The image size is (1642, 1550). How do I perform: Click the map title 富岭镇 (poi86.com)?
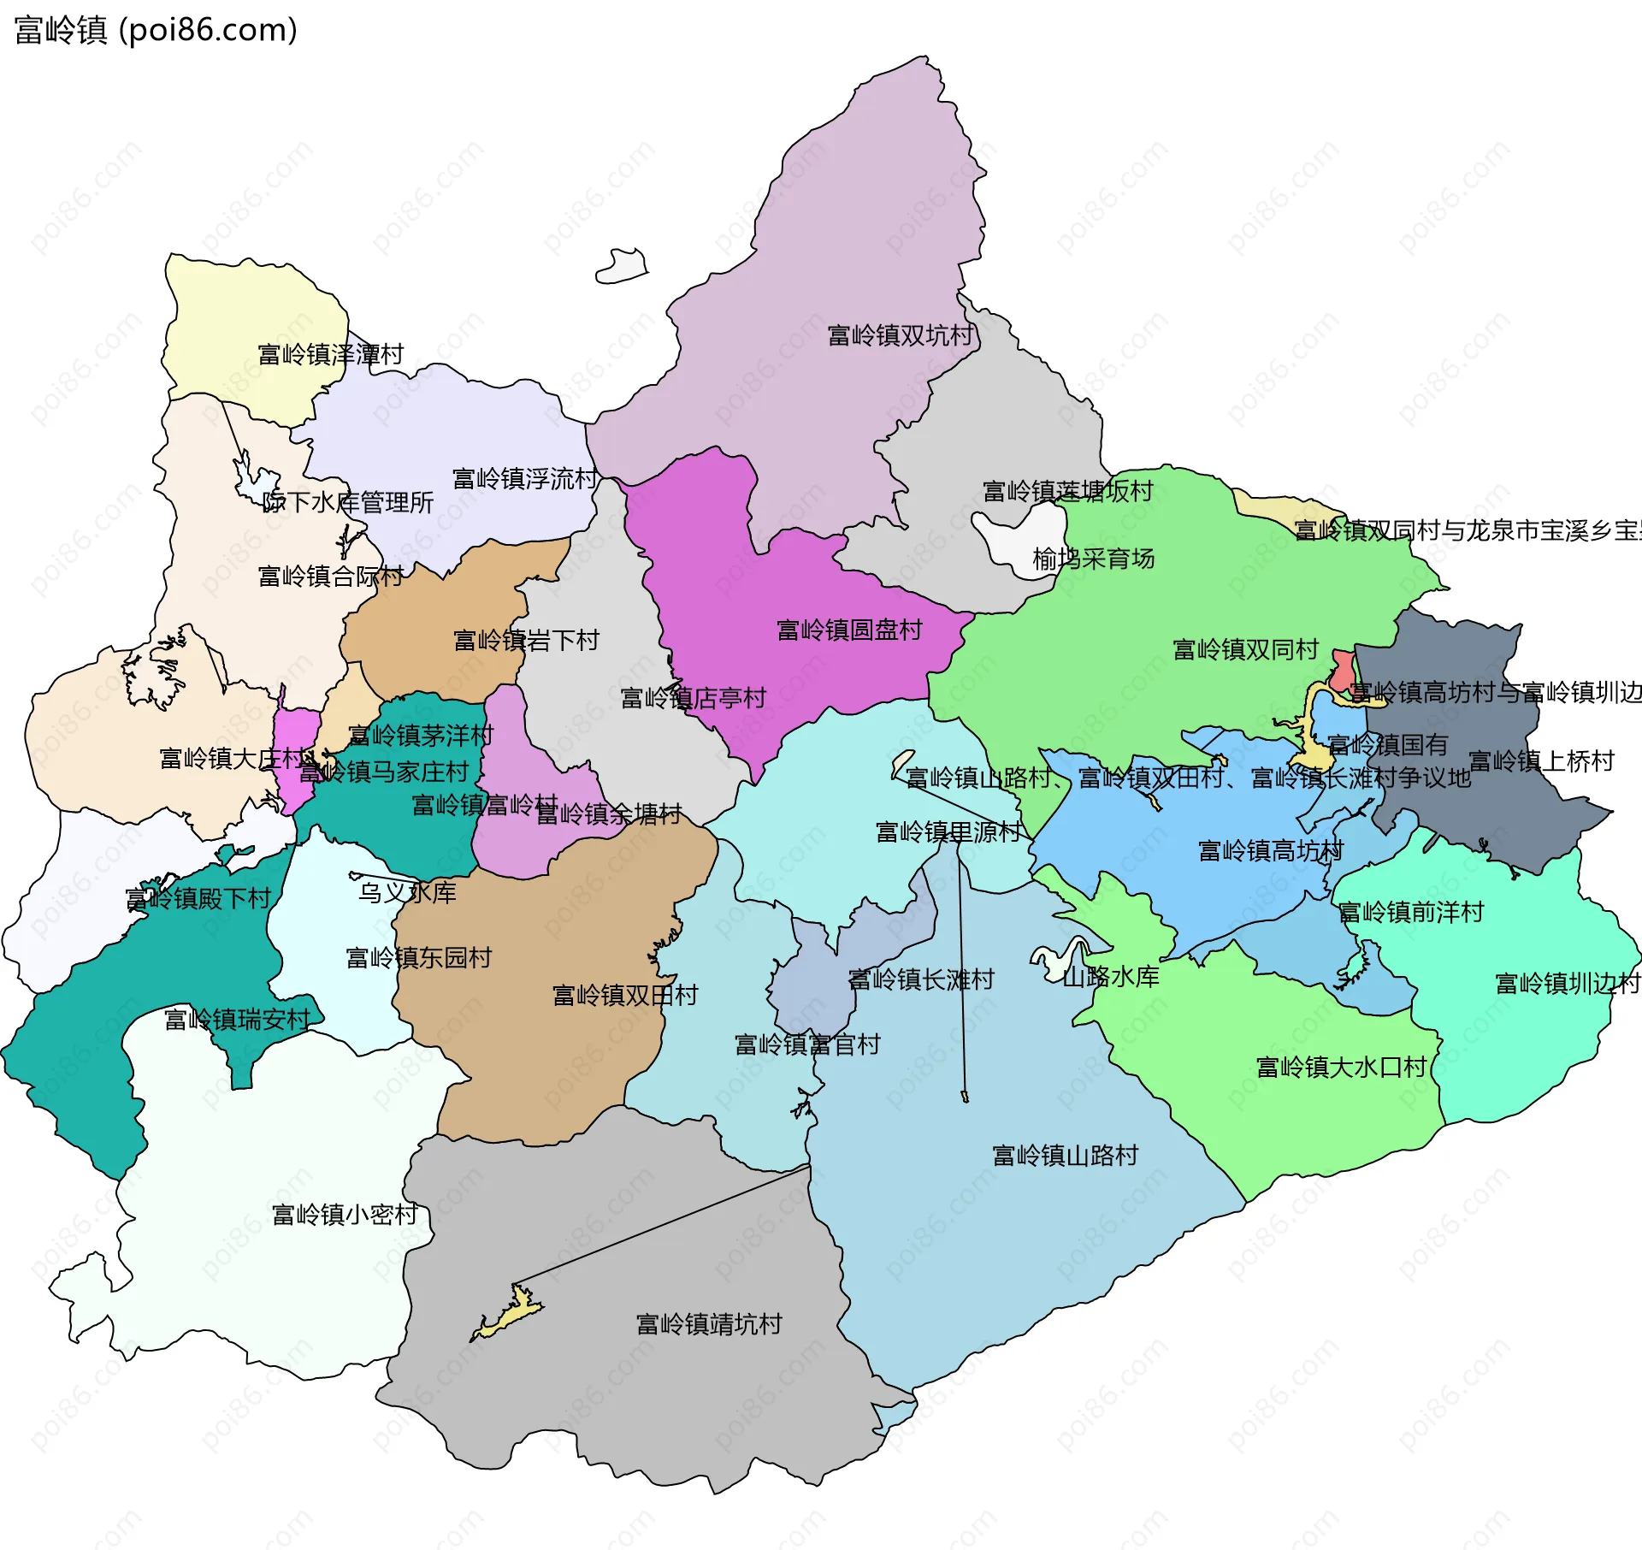pyautogui.click(x=156, y=30)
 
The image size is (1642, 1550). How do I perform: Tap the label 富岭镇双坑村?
pyautogui.click(x=900, y=335)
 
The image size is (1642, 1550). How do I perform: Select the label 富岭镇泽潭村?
pyautogui.click(x=330, y=354)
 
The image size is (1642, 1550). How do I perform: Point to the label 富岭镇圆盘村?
pyautogui.click(x=848, y=630)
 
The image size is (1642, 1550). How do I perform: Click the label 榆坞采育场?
pyautogui.click(x=1093, y=559)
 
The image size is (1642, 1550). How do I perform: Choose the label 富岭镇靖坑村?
pyautogui.click(x=708, y=1324)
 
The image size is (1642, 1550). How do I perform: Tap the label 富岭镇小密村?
pyautogui.click(x=344, y=1215)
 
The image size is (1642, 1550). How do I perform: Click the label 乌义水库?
pyautogui.click(x=407, y=893)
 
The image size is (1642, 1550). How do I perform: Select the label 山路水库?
pyautogui.click(x=1110, y=977)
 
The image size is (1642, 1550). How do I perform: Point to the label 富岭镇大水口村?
pyautogui.click(x=1341, y=1068)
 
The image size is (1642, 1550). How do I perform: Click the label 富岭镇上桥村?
pyautogui.click(x=1541, y=760)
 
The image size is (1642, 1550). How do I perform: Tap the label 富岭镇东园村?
pyautogui.click(x=418, y=958)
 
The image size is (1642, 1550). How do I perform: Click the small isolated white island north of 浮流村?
pyautogui.click(x=622, y=266)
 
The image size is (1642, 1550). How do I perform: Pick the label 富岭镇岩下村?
pyautogui.click(x=526, y=641)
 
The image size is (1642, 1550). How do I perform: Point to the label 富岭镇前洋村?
pyautogui.click(x=1410, y=913)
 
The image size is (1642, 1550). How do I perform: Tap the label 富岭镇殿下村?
pyautogui.click(x=198, y=899)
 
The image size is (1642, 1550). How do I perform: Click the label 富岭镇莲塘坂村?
pyautogui.click(x=1067, y=492)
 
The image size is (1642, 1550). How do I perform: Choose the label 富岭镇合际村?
pyautogui.click(x=330, y=577)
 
